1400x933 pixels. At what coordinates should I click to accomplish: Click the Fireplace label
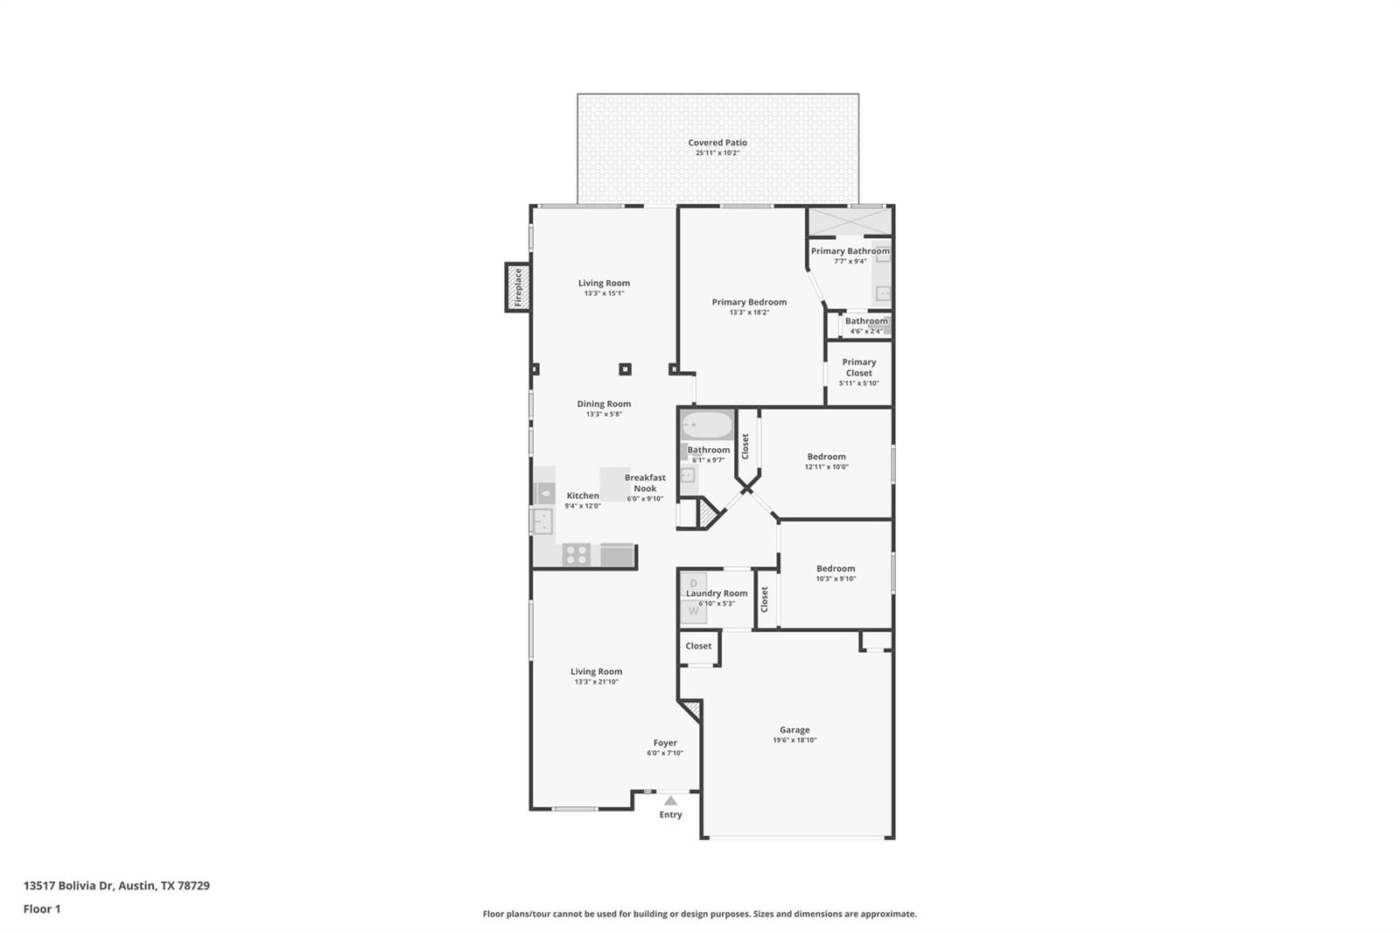(x=517, y=287)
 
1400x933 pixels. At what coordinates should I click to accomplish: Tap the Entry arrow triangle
(x=670, y=801)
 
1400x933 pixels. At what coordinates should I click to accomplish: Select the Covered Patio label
(x=717, y=143)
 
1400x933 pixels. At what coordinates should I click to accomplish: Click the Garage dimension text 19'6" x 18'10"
(x=794, y=740)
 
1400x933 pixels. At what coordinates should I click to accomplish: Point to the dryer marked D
(x=693, y=584)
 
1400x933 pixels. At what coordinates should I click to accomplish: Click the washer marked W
(x=694, y=611)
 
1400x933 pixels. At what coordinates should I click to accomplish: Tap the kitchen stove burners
(x=577, y=555)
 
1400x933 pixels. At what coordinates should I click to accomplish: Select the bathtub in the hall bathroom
(x=707, y=425)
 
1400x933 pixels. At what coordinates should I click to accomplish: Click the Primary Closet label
(x=858, y=367)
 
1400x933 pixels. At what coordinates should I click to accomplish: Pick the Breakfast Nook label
(x=645, y=483)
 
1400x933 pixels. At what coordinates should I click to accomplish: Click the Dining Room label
(x=604, y=404)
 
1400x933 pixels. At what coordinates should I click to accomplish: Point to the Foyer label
(x=665, y=743)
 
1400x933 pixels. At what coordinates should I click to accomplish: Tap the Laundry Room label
(x=717, y=593)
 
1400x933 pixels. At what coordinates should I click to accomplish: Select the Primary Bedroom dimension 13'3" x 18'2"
(x=749, y=312)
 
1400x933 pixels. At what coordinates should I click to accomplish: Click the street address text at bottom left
(x=117, y=886)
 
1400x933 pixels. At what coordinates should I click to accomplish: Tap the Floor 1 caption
(x=42, y=909)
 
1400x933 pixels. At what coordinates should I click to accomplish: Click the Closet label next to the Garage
(x=698, y=646)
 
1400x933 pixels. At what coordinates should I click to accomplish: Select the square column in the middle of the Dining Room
(x=625, y=369)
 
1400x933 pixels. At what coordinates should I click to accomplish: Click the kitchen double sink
(x=542, y=521)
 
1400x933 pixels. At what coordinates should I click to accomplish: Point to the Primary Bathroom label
(x=850, y=251)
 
